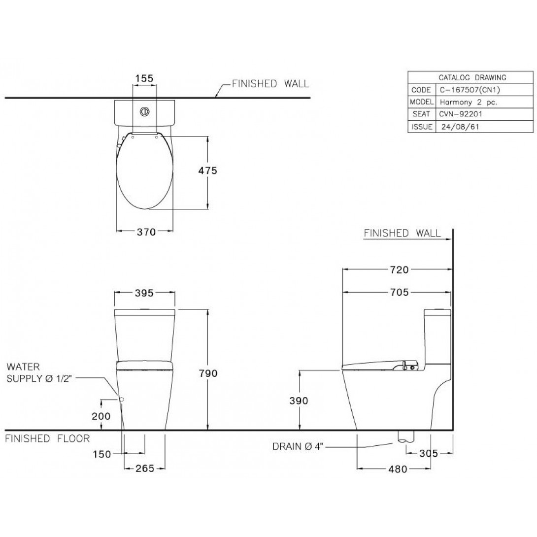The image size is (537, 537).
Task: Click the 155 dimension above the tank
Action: click(x=144, y=78)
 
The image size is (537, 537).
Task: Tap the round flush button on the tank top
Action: click(x=144, y=111)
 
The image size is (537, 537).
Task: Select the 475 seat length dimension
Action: click(x=207, y=170)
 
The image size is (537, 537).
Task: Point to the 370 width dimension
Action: click(x=146, y=232)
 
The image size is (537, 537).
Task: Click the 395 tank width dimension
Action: click(x=144, y=293)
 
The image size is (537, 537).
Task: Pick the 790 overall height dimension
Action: click(x=208, y=373)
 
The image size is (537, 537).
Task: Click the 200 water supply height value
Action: click(x=101, y=416)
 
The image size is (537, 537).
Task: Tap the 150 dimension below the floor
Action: click(x=101, y=454)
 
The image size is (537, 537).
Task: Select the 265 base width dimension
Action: click(x=145, y=469)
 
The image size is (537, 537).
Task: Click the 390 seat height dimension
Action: click(x=299, y=401)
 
